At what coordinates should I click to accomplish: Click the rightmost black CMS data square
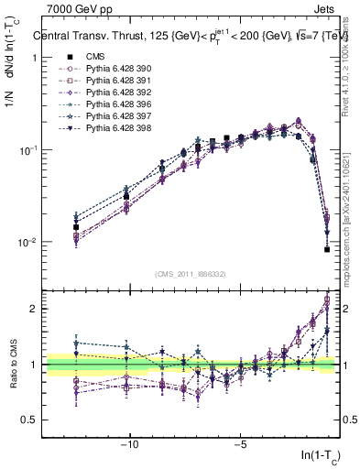click(327, 249)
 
